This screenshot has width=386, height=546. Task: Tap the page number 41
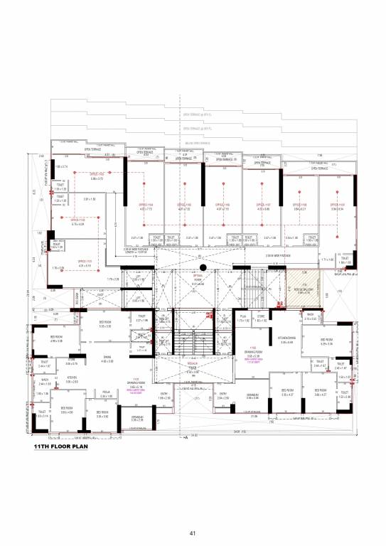point(193,533)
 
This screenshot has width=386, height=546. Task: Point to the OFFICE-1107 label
point(263,205)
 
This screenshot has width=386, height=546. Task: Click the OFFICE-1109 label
point(337,205)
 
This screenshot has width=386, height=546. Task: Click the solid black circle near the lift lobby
point(203,267)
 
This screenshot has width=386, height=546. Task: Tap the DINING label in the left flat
point(107,357)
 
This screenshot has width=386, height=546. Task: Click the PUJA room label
point(242,314)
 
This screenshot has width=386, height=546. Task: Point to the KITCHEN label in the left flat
point(72,379)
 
